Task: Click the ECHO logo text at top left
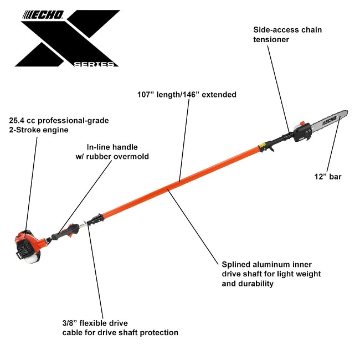(x=43, y=15)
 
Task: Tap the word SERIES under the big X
(x=94, y=64)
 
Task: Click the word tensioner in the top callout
(x=271, y=39)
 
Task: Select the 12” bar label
(x=328, y=177)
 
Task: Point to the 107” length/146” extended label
(x=187, y=95)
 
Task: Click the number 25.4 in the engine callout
(x=17, y=120)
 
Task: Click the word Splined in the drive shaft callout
(x=236, y=265)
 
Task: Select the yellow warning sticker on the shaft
(x=262, y=145)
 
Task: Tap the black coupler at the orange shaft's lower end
(x=95, y=220)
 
